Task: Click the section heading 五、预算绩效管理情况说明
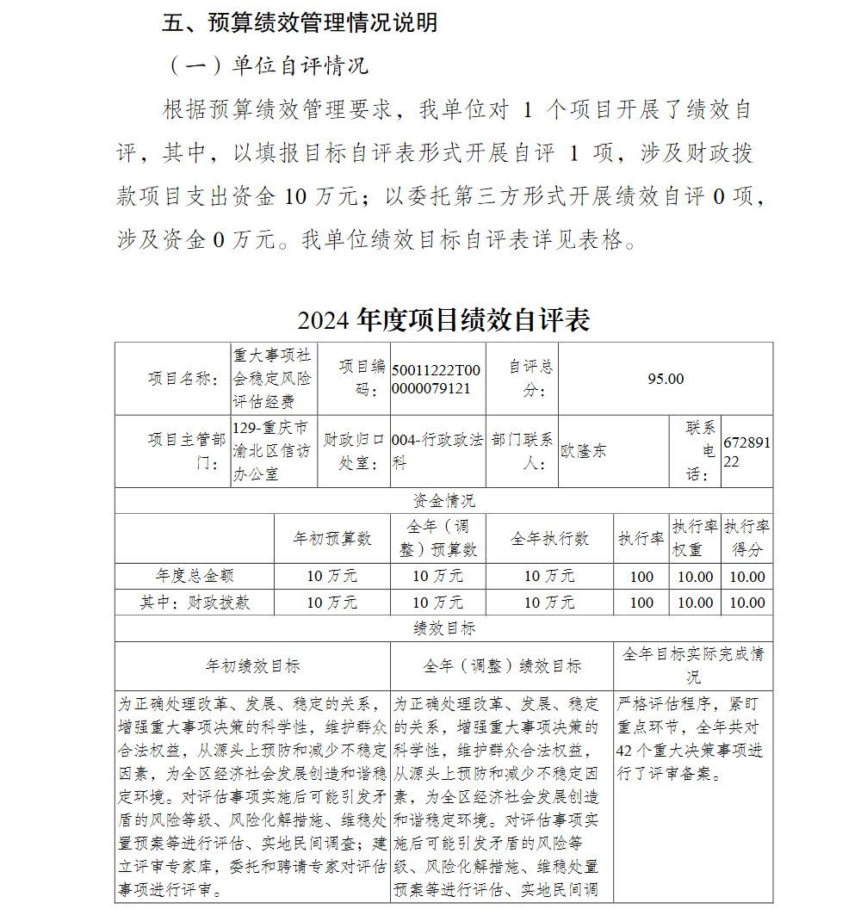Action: pyautogui.click(x=300, y=23)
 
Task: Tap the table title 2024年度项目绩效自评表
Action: pyautogui.click(x=443, y=320)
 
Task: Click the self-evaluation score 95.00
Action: pyautogui.click(x=665, y=379)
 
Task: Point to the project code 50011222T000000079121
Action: pyautogui.click(x=437, y=379)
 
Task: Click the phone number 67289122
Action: pyautogui.click(x=746, y=450)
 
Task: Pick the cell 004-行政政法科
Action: pyautogui.click(x=437, y=450)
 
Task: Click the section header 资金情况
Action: pyautogui.click(x=443, y=501)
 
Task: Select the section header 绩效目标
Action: pyautogui.click(x=443, y=628)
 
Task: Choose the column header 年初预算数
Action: pyautogui.click(x=332, y=538)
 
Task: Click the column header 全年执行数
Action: pyautogui.click(x=549, y=538)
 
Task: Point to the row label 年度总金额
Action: pyautogui.click(x=195, y=576)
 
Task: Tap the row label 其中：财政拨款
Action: pyautogui.click(x=195, y=603)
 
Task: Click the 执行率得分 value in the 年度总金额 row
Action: pyautogui.click(x=746, y=577)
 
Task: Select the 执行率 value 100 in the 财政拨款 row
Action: pyautogui.click(x=641, y=603)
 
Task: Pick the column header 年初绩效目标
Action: pyautogui.click(x=252, y=665)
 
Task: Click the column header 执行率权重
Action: pyautogui.click(x=695, y=538)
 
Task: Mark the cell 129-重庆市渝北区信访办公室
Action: pyautogui.click(x=271, y=450)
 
